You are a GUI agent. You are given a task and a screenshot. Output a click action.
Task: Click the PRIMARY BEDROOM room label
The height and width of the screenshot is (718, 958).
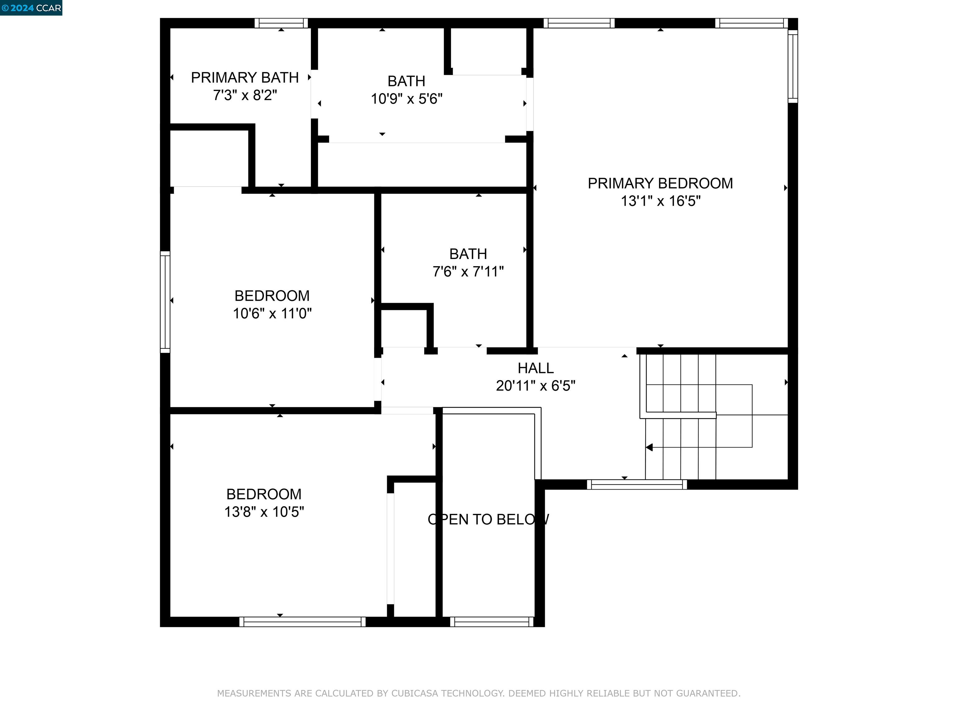coord(660,184)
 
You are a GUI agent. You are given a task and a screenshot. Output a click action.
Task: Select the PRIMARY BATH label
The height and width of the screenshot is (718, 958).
coord(245,78)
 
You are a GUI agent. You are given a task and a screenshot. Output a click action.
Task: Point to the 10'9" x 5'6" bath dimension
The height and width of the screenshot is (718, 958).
coord(406,99)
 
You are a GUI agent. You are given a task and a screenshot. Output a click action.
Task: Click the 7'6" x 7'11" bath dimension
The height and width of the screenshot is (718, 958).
coord(468,272)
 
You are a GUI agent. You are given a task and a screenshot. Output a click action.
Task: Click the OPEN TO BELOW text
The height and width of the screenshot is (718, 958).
coord(488,519)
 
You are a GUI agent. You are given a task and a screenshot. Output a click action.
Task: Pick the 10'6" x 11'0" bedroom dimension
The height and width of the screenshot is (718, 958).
coord(272,313)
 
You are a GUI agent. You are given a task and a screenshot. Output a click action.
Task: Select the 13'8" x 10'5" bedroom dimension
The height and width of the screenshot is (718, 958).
coord(264,512)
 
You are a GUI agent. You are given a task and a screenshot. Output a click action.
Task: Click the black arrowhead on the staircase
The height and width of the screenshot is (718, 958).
coord(649,447)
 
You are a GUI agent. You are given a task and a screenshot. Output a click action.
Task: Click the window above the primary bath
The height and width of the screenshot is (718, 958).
coord(281,23)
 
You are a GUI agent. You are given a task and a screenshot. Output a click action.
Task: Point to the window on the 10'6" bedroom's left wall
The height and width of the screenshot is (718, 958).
coord(165,302)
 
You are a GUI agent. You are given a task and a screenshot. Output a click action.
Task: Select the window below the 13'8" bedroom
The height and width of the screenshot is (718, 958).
coord(302,622)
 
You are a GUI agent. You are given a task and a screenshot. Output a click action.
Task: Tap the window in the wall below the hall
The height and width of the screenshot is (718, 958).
coord(637,485)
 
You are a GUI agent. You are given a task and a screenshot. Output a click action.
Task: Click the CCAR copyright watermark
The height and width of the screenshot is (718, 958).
coord(31,8)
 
